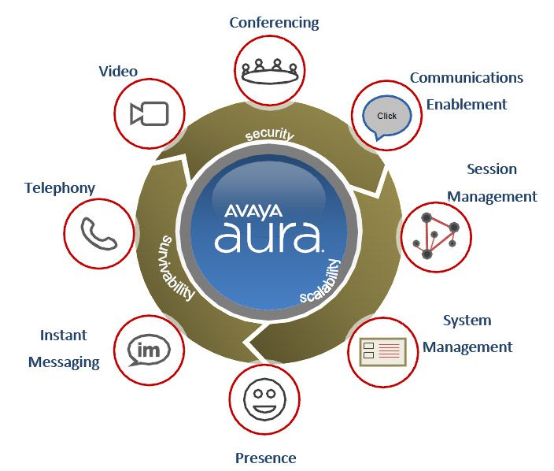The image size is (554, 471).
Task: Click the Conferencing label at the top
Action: [274, 22]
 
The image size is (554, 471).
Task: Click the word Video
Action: [118, 72]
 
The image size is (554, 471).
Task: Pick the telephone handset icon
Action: [98, 233]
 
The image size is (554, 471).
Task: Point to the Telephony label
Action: [60, 188]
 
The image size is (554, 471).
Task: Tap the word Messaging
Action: [64, 362]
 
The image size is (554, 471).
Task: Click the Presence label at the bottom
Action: [266, 458]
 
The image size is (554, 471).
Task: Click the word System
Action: [467, 321]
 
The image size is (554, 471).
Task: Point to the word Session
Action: [492, 169]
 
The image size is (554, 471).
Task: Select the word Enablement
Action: [467, 104]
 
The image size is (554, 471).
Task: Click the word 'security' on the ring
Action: [269, 135]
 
